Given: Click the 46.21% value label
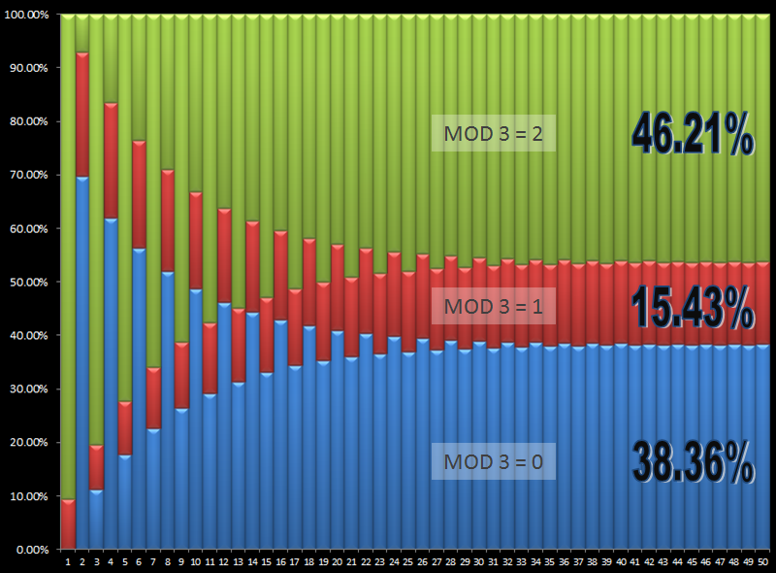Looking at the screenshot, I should [693, 134].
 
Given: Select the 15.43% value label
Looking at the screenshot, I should [693, 310].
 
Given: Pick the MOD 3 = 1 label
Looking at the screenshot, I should [493, 307].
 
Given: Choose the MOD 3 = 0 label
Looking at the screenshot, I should [493, 460].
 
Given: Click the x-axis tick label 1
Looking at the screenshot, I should [68, 561].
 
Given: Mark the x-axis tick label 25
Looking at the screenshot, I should [408, 561].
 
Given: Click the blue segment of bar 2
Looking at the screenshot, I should [82, 359].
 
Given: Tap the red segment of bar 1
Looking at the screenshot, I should [68, 524].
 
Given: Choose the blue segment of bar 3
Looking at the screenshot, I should [97, 520].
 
